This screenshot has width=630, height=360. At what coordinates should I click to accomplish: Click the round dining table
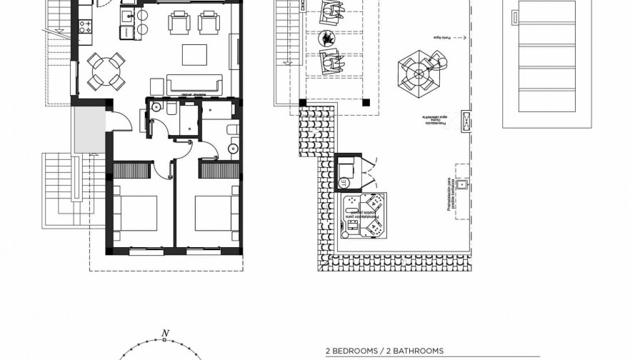click(105, 69)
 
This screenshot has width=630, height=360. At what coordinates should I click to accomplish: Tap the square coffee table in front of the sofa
click(194, 54)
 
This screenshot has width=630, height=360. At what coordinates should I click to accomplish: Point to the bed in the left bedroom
click(136, 214)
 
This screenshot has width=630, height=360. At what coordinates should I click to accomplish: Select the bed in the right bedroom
click(216, 214)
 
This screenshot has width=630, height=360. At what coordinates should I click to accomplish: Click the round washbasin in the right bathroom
click(231, 149)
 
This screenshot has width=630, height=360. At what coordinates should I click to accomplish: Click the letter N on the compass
click(165, 333)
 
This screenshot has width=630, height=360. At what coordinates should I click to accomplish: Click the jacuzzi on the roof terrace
click(365, 215)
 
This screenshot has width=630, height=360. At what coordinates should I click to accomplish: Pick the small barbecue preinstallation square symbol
click(462, 185)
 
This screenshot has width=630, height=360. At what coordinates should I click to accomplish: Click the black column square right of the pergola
click(366, 102)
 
